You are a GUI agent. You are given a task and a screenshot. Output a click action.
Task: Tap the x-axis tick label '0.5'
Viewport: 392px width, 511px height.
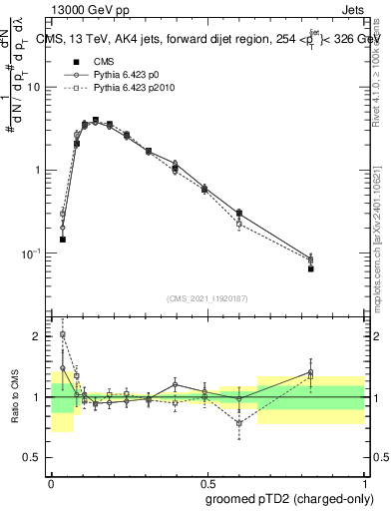[206, 480]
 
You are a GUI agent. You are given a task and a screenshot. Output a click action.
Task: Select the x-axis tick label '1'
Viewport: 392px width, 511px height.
[363, 480]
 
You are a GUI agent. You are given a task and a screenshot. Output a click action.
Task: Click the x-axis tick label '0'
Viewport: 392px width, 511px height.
[51, 480]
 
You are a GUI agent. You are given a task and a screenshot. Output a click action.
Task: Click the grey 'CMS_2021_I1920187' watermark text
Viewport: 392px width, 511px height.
[206, 299]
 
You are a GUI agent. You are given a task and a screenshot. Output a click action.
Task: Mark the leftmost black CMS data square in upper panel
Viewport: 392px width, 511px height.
[63, 240]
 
